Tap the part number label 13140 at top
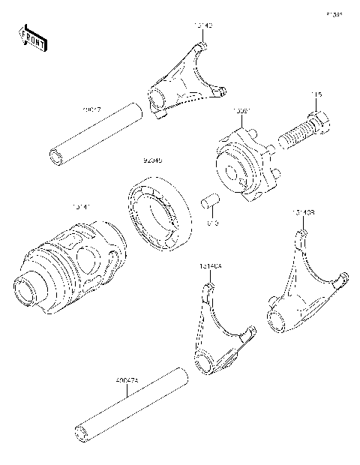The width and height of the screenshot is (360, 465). click(x=203, y=25)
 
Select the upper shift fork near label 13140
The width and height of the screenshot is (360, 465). click(x=184, y=82)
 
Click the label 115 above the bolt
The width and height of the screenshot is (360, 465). click(x=317, y=94)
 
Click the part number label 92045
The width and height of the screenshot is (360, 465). click(x=154, y=160)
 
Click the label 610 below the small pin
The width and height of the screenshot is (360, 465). click(x=212, y=223)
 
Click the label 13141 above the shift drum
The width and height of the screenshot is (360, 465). click(x=81, y=205)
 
